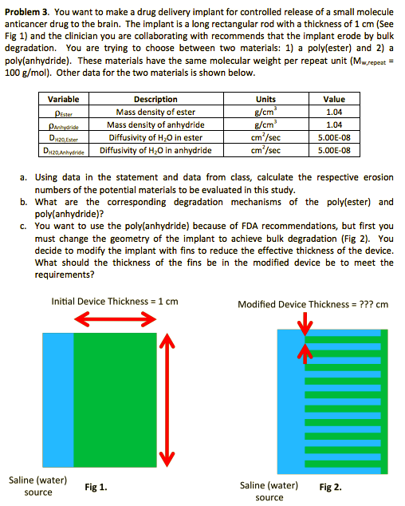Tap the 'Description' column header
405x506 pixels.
[x=155, y=100]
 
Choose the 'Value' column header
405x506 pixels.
[x=334, y=100]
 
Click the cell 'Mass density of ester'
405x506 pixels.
[x=156, y=113]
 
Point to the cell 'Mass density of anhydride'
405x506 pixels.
[x=156, y=125]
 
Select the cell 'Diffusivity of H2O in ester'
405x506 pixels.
[x=156, y=136]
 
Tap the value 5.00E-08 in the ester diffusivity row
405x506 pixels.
[x=334, y=136]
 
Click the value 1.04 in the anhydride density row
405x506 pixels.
[x=334, y=125]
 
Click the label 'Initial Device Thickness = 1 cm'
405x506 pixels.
[x=114, y=301]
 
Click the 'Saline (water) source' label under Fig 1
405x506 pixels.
[x=38, y=486]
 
